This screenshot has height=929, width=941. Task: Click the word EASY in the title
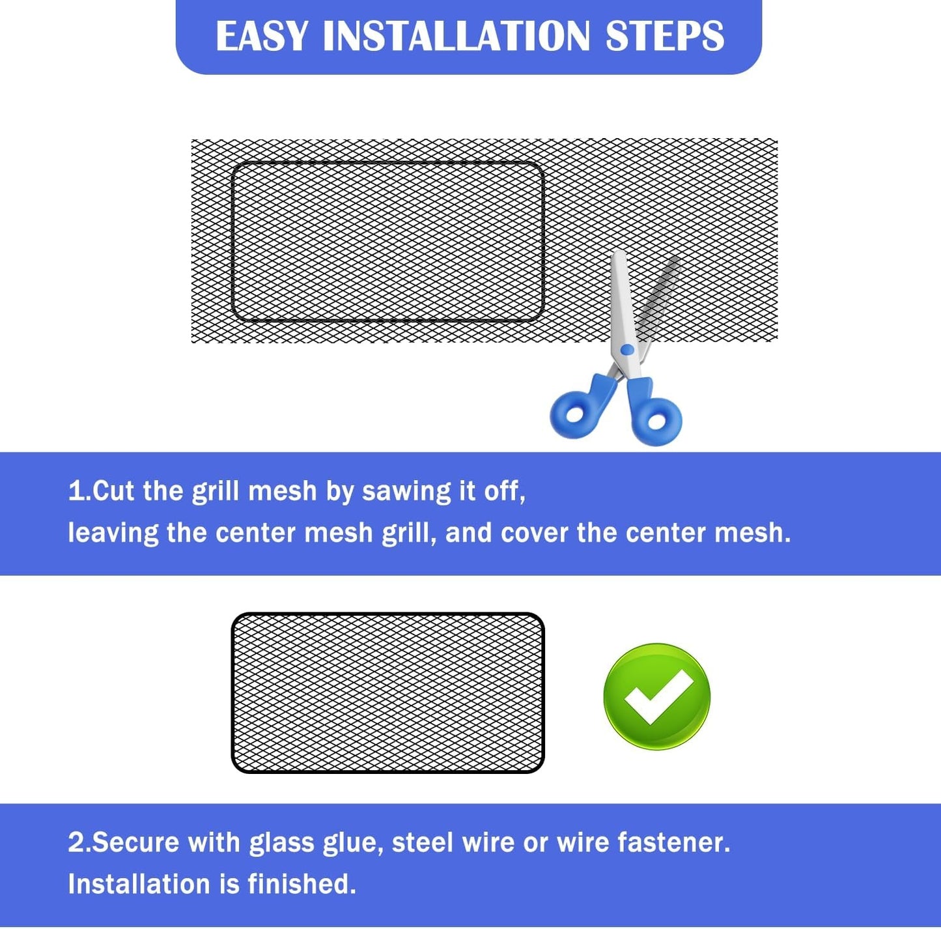click(262, 36)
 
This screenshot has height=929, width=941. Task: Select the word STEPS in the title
click(665, 36)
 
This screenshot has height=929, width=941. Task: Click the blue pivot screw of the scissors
click(627, 349)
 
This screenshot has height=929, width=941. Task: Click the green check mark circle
click(657, 697)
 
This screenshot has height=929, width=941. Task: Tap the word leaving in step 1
click(113, 533)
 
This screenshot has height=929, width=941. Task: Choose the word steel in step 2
click(423, 842)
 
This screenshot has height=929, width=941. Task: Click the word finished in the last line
click(302, 884)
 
